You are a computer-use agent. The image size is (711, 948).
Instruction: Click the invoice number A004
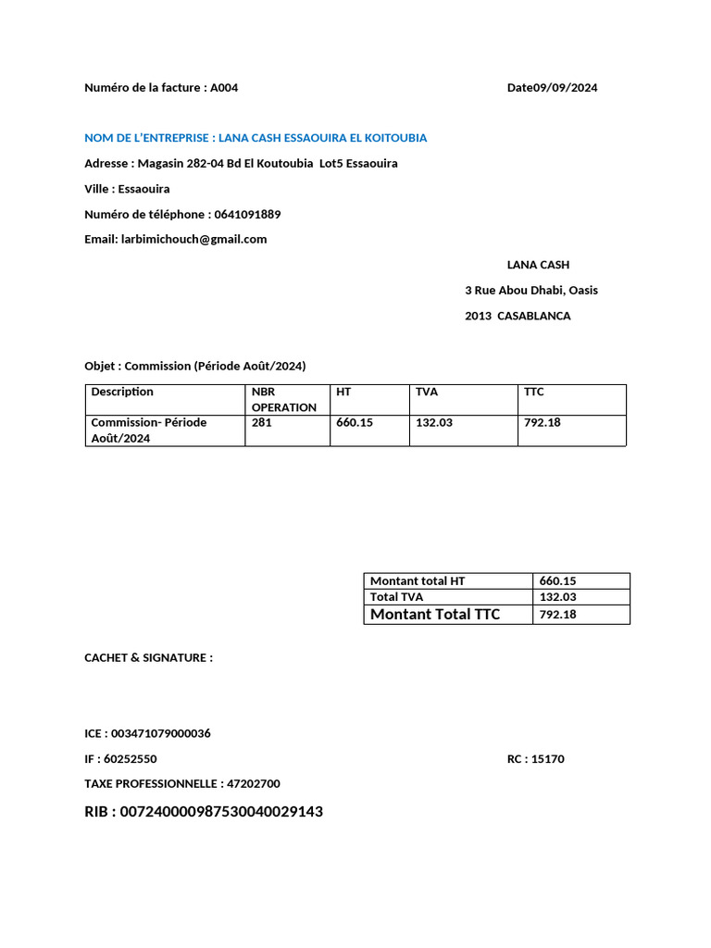click(x=224, y=88)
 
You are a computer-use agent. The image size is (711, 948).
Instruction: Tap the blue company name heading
click(x=256, y=138)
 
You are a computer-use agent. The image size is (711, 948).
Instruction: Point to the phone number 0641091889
click(x=247, y=214)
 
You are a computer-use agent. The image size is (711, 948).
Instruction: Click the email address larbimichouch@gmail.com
click(x=193, y=239)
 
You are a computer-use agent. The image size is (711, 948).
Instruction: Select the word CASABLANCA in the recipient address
click(x=534, y=316)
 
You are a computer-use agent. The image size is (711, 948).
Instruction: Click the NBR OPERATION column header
click(x=284, y=400)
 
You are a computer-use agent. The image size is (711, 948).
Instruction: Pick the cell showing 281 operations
click(x=261, y=422)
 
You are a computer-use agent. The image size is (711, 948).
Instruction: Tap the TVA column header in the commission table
click(x=426, y=392)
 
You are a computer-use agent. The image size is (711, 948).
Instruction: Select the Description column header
click(x=122, y=392)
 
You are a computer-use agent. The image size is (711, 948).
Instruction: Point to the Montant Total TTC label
click(x=435, y=614)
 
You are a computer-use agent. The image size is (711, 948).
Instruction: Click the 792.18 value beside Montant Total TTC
click(x=557, y=614)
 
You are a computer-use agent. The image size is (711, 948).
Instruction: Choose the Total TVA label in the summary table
click(x=396, y=597)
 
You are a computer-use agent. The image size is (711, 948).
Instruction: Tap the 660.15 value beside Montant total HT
click(x=557, y=581)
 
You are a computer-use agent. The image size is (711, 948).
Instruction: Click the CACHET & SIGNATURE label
click(x=148, y=657)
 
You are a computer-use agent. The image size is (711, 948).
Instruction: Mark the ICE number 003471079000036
click(x=160, y=733)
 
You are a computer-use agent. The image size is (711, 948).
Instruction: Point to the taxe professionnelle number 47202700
click(x=253, y=783)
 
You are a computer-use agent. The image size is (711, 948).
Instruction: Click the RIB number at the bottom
click(x=222, y=812)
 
